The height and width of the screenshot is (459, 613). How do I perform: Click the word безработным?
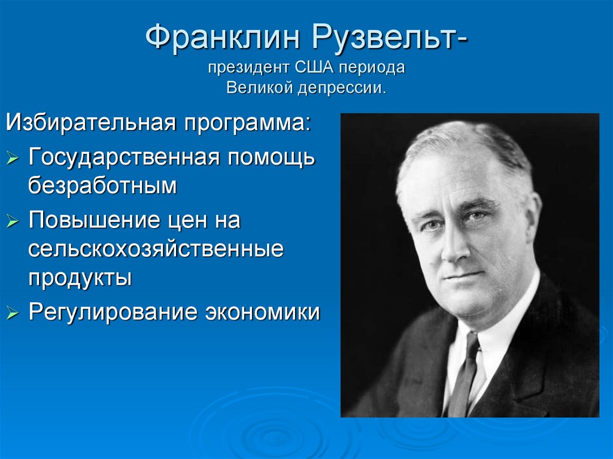(x=102, y=186)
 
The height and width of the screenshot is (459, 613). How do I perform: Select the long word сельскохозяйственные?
(x=156, y=250)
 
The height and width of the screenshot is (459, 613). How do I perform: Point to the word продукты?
(x=80, y=278)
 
